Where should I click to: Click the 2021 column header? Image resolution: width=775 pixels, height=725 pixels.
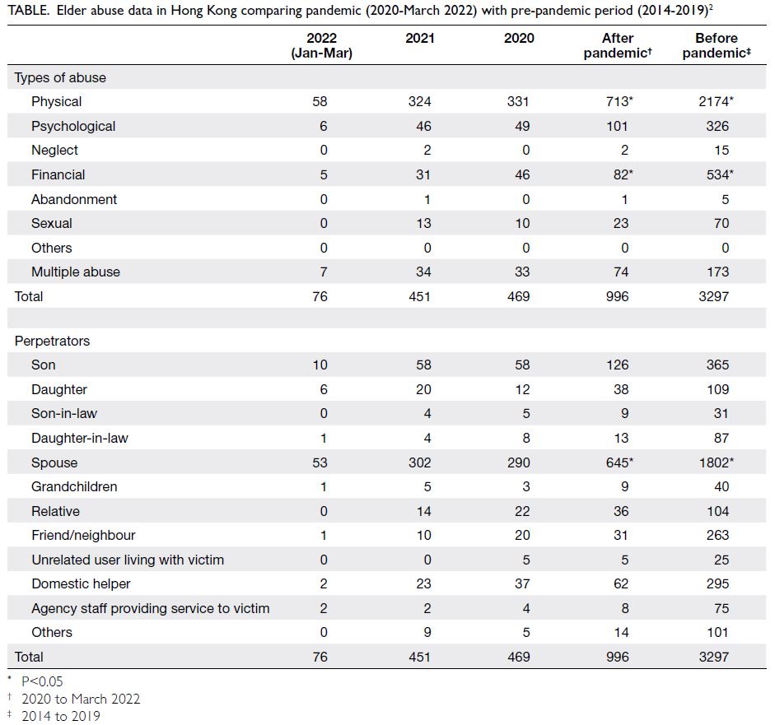pyautogui.click(x=420, y=38)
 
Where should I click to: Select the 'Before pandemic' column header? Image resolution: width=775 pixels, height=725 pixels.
pyautogui.click(x=717, y=45)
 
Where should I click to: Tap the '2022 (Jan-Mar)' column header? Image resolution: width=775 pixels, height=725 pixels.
pyautogui.click(x=322, y=45)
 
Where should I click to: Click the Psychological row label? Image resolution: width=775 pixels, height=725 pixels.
pyautogui.click(x=73, y=127)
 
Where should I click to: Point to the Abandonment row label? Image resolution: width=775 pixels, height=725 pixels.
pyautogui.click(x=74, y=199)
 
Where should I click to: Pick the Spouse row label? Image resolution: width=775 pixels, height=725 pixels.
pyautogui.click(x=54, y=462)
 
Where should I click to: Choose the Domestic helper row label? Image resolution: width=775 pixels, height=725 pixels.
pyautogui.click(x=81, y=583)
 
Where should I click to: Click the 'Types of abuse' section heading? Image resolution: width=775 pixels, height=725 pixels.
pyautogui.click(x=60, y=77)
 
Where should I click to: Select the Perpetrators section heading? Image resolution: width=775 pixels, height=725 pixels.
pyautogui.click(x=52, y=341)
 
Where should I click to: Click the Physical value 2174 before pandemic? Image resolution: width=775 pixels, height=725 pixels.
pyautogui.click(x=716, y=101)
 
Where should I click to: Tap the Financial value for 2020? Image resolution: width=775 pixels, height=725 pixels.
pyautogui.click(x=522, y=174)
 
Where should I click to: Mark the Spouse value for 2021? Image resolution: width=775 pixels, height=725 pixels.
pyautogui.click(x=419, y=462)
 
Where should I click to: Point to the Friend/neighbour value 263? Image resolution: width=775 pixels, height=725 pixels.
pyautogui.click(x=717, y=535)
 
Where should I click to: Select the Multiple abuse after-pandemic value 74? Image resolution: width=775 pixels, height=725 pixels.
pyautogui.click(x=621, y=272)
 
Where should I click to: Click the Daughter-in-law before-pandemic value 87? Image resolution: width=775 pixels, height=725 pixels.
pyautogui.click(x=721, y=438)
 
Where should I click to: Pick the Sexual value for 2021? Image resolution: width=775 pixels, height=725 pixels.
pyautogui.click(x=423, y=223)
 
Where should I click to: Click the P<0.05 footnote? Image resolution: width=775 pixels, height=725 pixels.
pyautogui.click(x=42, y=681)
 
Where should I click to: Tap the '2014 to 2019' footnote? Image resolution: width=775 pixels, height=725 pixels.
pyautogui.click(x=60, y=716)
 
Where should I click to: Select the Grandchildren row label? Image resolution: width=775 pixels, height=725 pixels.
pyautogui.click(x=74, y=486)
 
